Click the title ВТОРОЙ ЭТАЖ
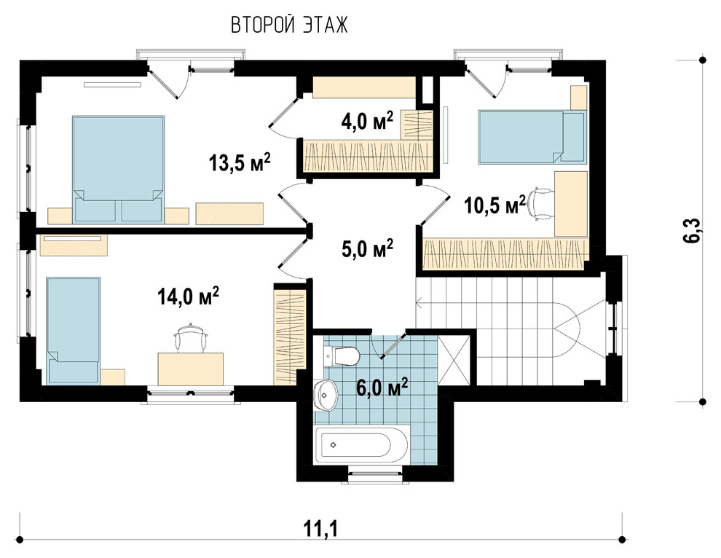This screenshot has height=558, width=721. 289,25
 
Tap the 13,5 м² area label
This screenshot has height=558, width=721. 239,162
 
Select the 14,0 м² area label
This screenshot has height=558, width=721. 188,296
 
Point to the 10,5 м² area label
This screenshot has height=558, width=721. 495,205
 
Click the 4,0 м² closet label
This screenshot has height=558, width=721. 367,122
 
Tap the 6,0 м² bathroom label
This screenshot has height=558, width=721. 382,388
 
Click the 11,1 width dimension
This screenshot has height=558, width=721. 320,529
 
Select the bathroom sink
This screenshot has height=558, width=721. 326,395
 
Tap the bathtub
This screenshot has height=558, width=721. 361,445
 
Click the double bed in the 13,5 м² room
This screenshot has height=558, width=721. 118,169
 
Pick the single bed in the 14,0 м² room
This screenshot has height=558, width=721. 73,330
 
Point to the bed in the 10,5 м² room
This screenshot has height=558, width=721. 532,137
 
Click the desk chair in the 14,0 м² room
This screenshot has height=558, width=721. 191,338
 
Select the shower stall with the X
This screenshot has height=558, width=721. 454,360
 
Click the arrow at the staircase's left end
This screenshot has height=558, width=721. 419,303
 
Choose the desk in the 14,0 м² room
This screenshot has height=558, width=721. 190,369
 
